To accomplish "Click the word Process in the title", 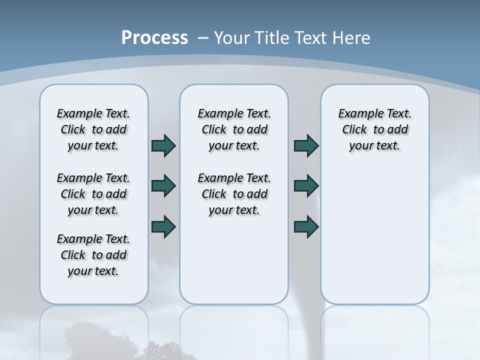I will pos(154,37).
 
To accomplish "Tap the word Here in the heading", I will pos(352,38).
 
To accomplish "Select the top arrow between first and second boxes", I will pos(163,145).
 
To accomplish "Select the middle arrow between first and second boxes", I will pos(163,186).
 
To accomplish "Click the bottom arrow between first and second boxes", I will pos(163,226).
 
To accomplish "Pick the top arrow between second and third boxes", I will pos(306,145).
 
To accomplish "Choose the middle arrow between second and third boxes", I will pos(306,186).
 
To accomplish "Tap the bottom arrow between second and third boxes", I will pos(306,226).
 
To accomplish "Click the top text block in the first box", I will pos(93,129).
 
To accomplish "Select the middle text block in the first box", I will pos(93,194).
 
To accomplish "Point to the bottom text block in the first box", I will pos(93,255).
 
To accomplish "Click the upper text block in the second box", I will pos(234,129).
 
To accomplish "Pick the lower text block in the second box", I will pos(234,194).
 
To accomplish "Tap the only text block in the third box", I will pos(374,129).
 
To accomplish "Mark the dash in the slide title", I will pos(203,38).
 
